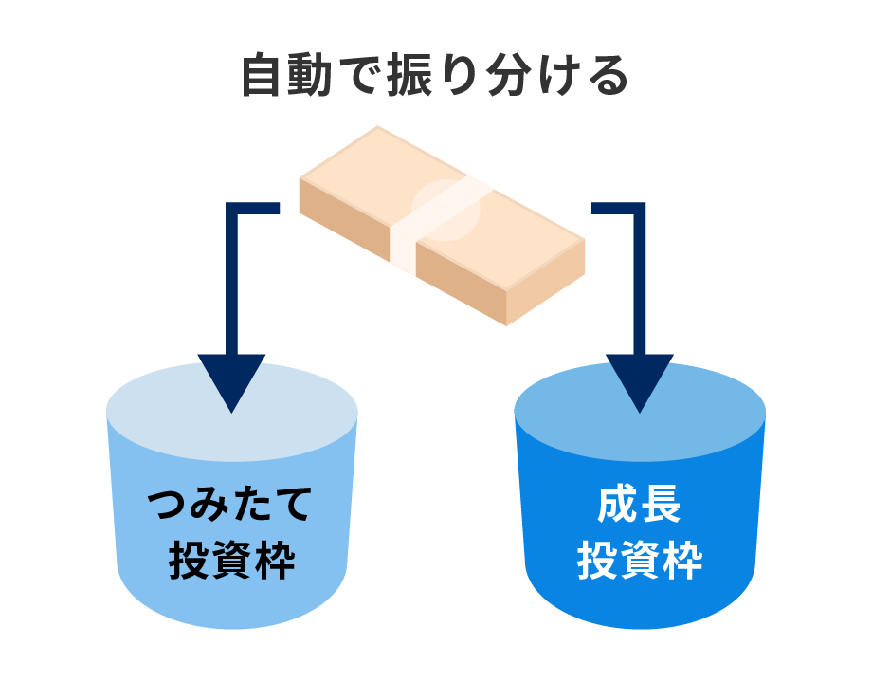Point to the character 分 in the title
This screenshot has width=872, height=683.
pos(507,76)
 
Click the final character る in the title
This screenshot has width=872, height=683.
pos(606,76)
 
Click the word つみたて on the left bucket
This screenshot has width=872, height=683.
pos(231,507)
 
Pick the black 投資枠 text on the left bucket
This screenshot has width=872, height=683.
pos(231,560)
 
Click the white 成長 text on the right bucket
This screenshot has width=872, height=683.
pos(640,507)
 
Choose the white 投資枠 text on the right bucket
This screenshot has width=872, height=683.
pos(640,560)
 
